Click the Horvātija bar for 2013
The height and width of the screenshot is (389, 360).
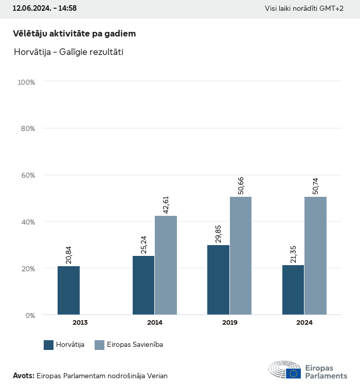tap(68, 290)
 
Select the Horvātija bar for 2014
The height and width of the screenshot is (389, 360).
tap(143, 285)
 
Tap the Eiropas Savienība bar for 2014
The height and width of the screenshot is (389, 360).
tap(166, 265)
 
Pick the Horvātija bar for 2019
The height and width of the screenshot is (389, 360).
tap(218, 280)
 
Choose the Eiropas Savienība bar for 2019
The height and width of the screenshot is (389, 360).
tap(241, 256)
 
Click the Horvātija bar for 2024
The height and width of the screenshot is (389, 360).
tap(293, 290)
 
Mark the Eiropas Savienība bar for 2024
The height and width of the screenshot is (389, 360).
tap(315, 256)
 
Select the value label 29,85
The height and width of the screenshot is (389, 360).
tap(218, 233)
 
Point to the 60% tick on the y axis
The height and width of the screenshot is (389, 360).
tap(26, 175)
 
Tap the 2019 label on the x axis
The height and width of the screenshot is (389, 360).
tap(229, 323)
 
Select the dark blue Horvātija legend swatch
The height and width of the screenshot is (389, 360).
tap(49, 345)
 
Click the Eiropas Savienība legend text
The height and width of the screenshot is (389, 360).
tap(135, 345)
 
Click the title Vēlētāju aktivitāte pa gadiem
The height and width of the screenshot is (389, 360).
tap(74, 33)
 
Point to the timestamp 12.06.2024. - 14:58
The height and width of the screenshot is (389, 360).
tap(44, 9)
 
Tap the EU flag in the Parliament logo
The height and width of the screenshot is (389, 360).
tap(294, 374)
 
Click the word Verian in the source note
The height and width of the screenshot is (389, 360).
tap(157, 376)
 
